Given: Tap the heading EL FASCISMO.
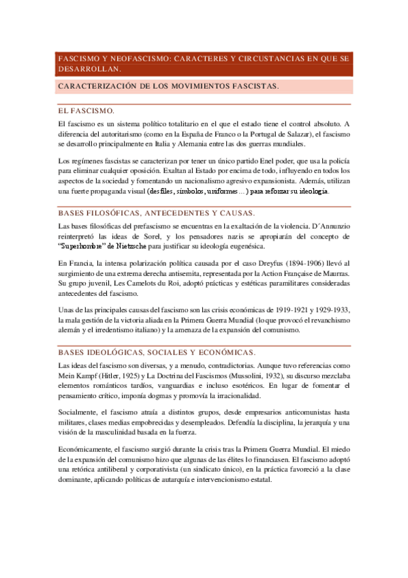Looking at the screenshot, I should point(87,110).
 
